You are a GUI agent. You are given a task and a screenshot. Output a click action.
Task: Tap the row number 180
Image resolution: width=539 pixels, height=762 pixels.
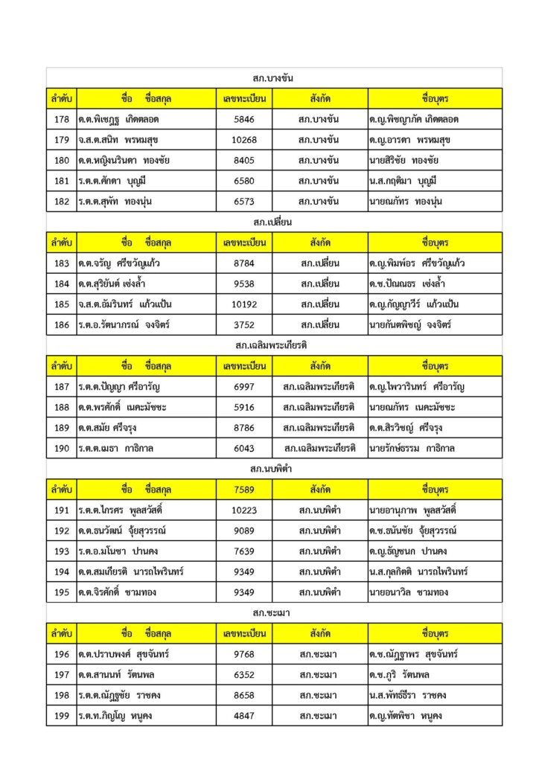pyautogui.click(x=61, y=160)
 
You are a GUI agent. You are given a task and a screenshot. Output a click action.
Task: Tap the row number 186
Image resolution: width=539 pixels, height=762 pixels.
pyautogui.click(x=61, y=324)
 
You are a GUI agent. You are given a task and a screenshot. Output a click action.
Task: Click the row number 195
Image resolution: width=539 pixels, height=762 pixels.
pyautogui.click(x=61, y=592)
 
